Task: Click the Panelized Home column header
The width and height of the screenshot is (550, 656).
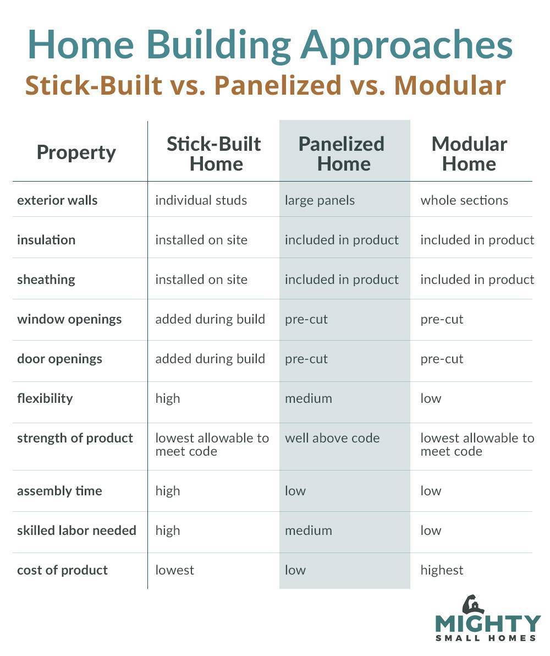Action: tap(342, 154)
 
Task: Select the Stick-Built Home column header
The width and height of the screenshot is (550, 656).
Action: tap(214, 154)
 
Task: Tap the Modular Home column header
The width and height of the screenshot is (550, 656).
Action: tap(469, 154)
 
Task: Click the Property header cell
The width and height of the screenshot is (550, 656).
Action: tap(76, 152)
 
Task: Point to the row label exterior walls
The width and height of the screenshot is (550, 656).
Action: tap(57, 200)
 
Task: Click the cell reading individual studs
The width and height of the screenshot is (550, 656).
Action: tap(201, 200)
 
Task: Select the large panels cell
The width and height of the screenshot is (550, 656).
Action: tap(320, 201)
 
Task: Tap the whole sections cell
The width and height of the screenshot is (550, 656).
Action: tap(464, 200)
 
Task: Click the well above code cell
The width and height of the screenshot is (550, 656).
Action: tap(332, 438)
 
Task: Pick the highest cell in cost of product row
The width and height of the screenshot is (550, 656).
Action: tap(442, 570)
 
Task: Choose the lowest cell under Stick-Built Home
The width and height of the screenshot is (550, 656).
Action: tap(174, 570)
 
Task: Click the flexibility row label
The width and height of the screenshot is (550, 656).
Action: tap(45, 398)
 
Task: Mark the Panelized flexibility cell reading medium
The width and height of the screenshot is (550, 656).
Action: tap(308, 398)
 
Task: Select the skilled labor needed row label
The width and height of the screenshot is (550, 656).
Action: tap(76, 531)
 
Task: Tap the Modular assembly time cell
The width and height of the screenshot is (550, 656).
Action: tap(431, 491)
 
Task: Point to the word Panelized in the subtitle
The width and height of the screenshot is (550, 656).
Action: tap(278, 85)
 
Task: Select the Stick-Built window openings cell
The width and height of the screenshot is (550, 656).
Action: tap(210, 319)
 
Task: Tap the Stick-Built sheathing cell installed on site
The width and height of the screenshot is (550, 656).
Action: tap(201, 280)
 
